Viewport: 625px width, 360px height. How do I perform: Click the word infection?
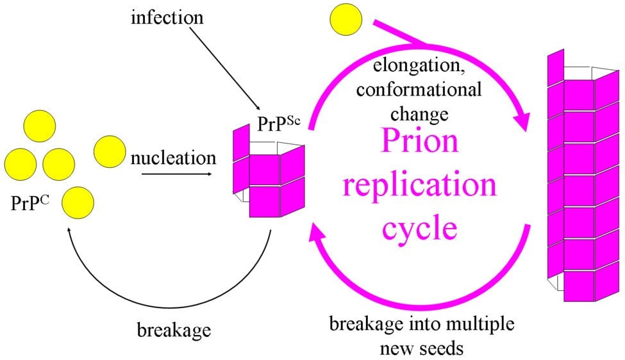(167, 17)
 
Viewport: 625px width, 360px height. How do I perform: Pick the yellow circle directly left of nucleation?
(110, 152)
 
